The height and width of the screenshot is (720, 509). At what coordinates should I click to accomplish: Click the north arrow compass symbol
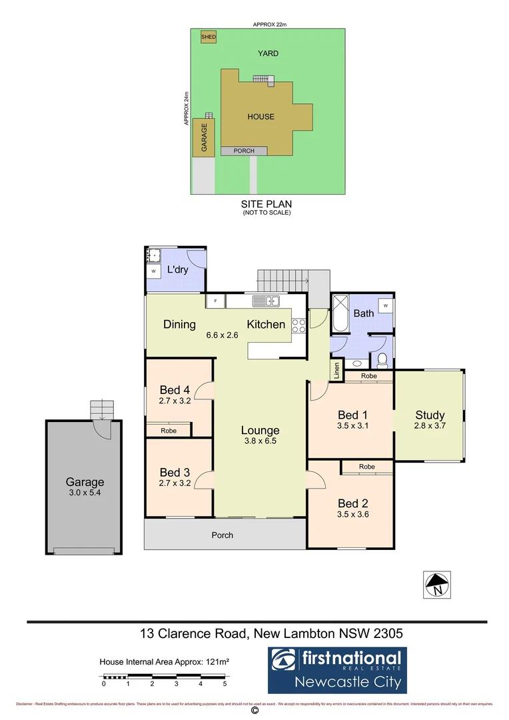[438, 585]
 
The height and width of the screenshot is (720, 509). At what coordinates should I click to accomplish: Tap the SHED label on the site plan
[208, 37]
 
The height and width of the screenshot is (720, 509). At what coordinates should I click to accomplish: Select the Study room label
[430, 415]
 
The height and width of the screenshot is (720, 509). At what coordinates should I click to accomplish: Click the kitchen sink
[270, 301]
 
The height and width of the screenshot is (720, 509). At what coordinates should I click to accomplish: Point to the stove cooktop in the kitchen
[298, 325]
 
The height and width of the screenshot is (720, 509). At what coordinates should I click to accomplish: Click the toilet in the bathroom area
[382, 361]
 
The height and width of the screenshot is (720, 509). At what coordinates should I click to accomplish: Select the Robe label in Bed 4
[169, 431]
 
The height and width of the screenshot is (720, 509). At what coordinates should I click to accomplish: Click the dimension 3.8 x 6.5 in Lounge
[260, 441]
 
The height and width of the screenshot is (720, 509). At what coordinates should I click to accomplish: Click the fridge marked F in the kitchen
[215, 301]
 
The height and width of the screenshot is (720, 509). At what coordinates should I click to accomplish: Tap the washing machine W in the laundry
[154, 272]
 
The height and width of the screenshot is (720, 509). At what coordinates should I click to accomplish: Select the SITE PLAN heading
[266, 204]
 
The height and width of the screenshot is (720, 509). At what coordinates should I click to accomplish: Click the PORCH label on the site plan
[244, 151]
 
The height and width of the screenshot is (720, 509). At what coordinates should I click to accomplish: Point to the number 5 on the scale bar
[225, 684]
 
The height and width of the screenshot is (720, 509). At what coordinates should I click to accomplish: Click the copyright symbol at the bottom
[254, 711]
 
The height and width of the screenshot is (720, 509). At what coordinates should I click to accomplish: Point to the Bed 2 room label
[352, 503]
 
